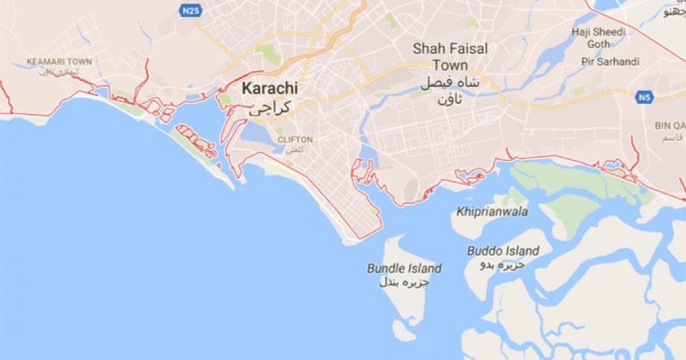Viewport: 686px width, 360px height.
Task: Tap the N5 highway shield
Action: [x=645, y=97]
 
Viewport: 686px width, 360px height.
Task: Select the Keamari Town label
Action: [x=59, y=61]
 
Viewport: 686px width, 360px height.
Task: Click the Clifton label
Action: [x=295, y=139]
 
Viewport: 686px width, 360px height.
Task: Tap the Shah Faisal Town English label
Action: [x=450, y=57]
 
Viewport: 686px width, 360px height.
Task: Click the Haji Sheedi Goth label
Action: [x=599, y=38]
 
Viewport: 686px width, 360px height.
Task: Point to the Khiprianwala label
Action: [x=492, y=212]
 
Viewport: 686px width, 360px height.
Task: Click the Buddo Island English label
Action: [x=502, y=251]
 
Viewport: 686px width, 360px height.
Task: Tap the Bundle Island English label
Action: [x=404, y=268]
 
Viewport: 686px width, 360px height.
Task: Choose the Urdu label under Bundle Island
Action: [x=404, y=282]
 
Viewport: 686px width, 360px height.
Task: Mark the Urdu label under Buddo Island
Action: [x=504, y=265]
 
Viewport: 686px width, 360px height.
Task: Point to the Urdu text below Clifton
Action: [x=294, y=149]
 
